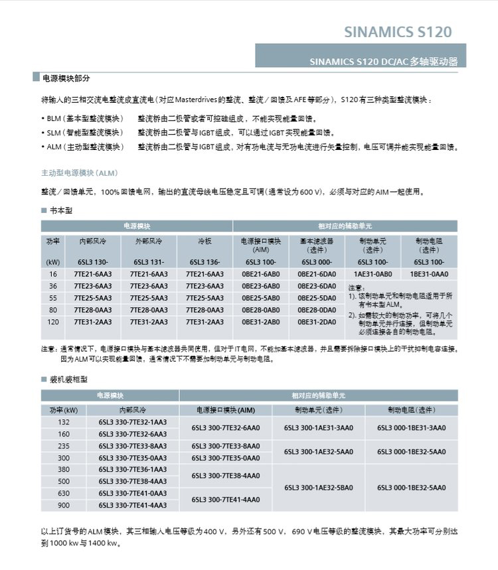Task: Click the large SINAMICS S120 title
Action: click(398, 32)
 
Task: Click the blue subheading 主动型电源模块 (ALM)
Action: click(79, 173)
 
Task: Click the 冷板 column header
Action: click(205, 242)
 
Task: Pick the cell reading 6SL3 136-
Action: click(205, 262)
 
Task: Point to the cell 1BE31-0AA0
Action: click(429, 274)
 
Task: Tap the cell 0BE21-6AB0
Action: click(260, 274)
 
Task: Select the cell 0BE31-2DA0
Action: click(317, 322)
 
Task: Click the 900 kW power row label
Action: click(64, 505)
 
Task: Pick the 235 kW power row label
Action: click(64, 446)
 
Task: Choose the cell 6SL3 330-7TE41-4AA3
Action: click(133, 505)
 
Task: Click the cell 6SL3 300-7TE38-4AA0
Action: click(226, 475)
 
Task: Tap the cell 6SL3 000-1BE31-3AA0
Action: click(412, 428)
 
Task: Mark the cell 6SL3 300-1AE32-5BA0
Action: click(319, 487)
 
